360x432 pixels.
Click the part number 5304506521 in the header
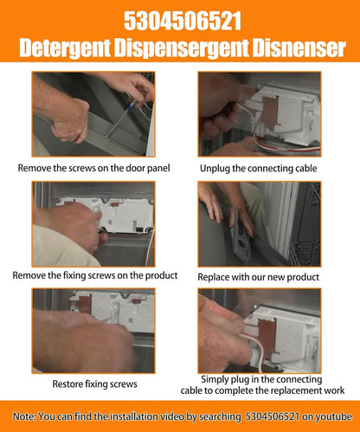(183, 21)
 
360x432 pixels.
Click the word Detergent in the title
(65, 48)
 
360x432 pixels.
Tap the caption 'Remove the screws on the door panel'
(93, 168)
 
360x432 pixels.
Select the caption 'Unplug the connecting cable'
(259, 168)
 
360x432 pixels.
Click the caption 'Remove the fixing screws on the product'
(95, 275)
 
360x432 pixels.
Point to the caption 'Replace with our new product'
(259, 277)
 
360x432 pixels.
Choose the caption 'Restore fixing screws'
(94, 384)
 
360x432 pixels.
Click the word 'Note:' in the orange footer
(24, 416)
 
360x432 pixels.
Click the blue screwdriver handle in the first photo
(130, 106)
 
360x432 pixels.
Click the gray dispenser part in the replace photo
(238, 234)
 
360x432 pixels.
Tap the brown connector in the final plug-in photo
(268, 337)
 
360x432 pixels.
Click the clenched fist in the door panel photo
(70, 121)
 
